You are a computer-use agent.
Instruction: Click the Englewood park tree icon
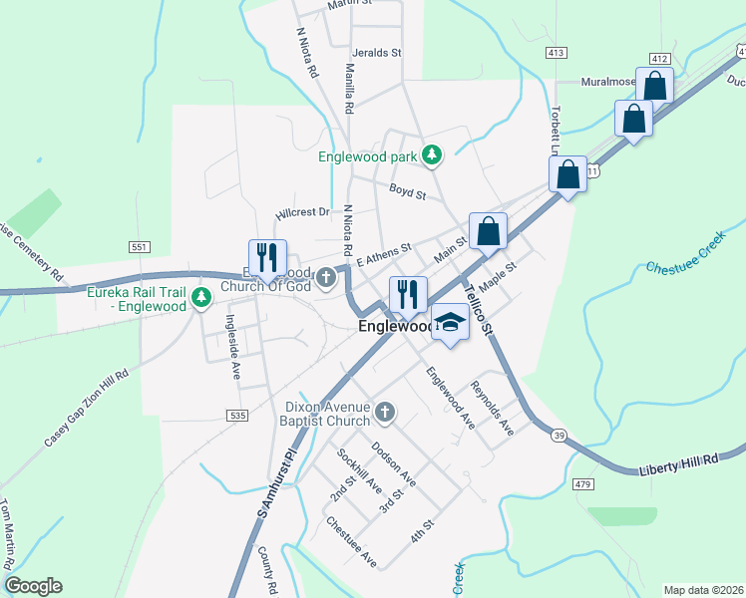431,155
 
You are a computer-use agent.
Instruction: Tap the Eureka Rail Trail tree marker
201,296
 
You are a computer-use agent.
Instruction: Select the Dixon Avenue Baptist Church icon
384,411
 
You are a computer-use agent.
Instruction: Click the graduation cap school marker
451,322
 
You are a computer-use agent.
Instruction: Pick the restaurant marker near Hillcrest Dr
267,257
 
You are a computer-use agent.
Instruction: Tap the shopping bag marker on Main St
488,231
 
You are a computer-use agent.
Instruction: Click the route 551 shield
139,246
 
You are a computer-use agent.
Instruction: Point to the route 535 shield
236,415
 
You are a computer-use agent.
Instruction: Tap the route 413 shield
557,51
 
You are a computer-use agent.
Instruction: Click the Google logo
33,586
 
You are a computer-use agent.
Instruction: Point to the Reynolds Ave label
492,409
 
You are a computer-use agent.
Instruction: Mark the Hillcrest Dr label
302,212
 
